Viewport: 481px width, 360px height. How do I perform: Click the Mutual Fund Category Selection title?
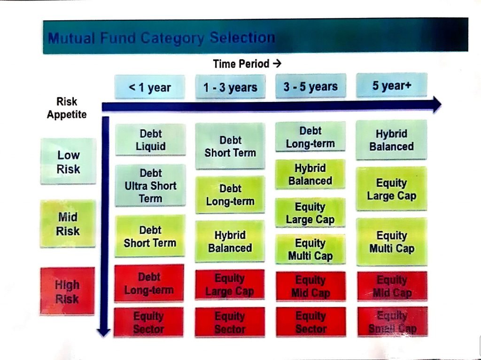pyautogui.click(x=162, y=38)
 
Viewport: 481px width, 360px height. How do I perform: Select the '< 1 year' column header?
pyautogui.click(x=150, y=87)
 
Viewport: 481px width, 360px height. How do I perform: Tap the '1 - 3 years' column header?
pyautogui.click(x=230, y=87)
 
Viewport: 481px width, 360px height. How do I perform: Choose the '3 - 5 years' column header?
pyautogui.click(x=310, y=86)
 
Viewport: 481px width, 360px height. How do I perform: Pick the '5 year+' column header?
pyautogui.click(x=391, y=86)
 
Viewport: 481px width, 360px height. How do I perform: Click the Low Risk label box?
pyautogui.click(x=69, y=162)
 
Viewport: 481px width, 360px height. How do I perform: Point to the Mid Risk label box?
pyautogui.click(x=68, y=224)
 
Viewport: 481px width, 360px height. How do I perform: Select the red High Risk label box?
pyautogui.click(x=67, y=291)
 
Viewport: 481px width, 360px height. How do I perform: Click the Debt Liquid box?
pyautogui.click(x=150, y=140)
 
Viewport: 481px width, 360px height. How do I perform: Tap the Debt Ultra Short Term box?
pyautogui.click(x=150, y=186)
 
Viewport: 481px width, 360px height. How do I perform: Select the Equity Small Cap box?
pyautogui.click(x=392, y=322)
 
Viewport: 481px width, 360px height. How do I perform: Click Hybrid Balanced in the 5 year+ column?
pyautogui.click(x=391, y=140)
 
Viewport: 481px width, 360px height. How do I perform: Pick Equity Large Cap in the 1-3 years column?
pyautogui.click(x=230, y=285)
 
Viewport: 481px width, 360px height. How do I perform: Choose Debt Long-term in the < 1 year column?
pyautogui.click(x=149, y=284)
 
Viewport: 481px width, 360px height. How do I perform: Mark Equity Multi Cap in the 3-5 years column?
pyautogui.click(x=310, y=250)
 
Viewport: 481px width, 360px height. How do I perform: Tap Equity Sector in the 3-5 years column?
pyautogui.click(x=310, y=322)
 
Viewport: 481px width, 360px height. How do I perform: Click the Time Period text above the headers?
pyautogui.click(x=247, y=63)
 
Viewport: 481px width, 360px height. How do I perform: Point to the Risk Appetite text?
pyautogui.click(x=67, y=108)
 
